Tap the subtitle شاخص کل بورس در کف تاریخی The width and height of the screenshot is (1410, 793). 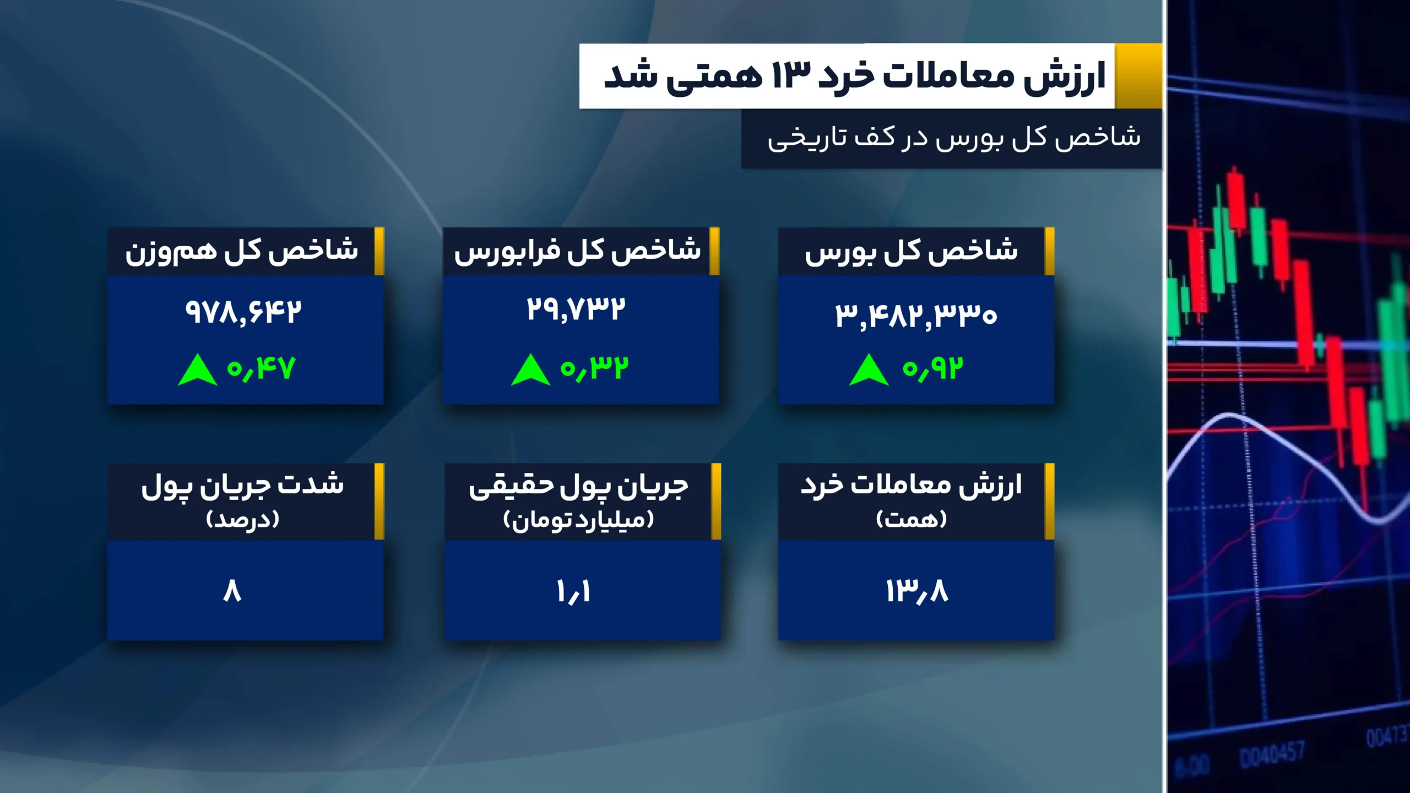pos(954,138)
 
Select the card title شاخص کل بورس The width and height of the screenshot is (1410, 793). pos(912,252)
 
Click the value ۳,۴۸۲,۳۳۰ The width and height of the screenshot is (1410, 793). pos(916,315)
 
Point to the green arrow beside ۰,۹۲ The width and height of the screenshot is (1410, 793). pos(869,370)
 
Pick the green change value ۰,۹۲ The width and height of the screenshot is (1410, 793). pos(932,368)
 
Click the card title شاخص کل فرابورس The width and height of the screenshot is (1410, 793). pos(577,252)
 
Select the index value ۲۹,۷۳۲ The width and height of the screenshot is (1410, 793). pos(576,309)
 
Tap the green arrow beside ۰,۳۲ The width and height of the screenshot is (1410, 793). pos(530,370)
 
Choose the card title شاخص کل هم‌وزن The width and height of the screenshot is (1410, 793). pos(241,252)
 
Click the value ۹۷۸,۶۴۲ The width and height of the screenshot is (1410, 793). pos(243,312)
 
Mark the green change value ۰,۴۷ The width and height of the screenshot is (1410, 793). pos(262,368)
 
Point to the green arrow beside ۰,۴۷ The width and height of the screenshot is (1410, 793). pos(197,370)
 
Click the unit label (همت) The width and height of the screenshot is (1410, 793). pos(912,519)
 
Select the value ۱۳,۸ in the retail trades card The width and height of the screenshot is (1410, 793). pos(916,591)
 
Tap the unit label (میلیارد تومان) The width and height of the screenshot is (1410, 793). pos(578,519)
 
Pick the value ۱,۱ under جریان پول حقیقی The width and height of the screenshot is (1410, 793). pos(573,591)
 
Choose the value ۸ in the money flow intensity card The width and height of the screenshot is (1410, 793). pos(232,591)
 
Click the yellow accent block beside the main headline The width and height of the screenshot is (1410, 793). pos(1138,76)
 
